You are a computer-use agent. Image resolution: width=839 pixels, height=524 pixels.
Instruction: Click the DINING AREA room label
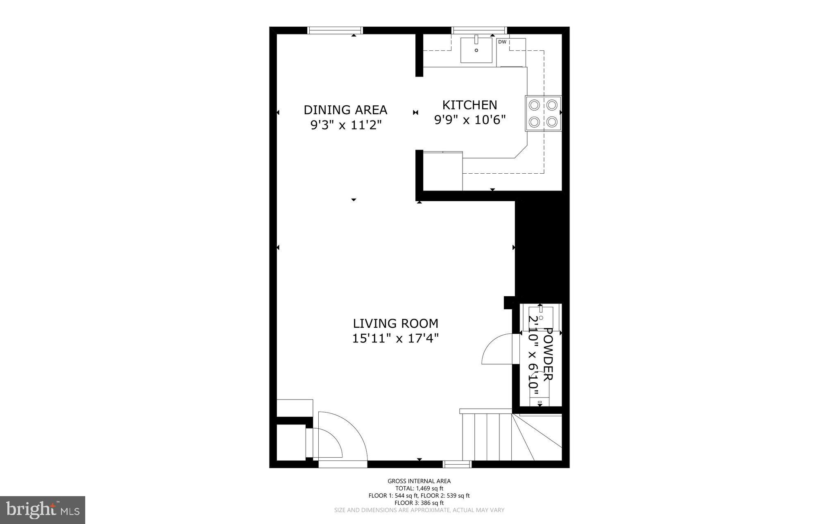(x=345, y=110)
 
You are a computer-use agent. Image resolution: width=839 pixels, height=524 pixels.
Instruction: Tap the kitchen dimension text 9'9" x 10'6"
(x=469, y=120)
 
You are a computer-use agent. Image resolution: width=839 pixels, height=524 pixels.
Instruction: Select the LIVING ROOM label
(x=395, y=324)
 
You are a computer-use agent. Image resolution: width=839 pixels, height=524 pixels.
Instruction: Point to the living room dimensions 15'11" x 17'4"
(x=395, y=339)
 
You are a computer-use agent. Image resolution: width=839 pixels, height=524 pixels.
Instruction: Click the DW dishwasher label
(x=502, y=42)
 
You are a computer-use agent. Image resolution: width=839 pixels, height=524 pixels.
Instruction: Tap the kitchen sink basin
(x=476, y=50)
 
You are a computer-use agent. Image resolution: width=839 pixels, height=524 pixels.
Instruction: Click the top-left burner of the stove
(x=535, y=105)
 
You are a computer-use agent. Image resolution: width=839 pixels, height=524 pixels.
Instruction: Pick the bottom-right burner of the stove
(x=552, y=122)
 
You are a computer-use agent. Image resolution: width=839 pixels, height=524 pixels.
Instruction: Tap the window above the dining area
(x=335, y=30)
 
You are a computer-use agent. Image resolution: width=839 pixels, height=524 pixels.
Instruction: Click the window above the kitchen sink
(x=479, y=30)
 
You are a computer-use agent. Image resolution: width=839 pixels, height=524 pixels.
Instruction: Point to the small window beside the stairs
(x=457, y=464)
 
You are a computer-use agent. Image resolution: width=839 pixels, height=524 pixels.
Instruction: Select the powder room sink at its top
(x=540, y=313)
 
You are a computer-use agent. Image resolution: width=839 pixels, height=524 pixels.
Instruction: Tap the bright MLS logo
(x=42, y=510)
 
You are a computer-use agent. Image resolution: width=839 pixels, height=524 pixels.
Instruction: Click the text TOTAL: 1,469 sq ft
(x=419, y=488)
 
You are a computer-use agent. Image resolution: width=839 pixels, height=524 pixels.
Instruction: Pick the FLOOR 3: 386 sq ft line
(x=419, y=503)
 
